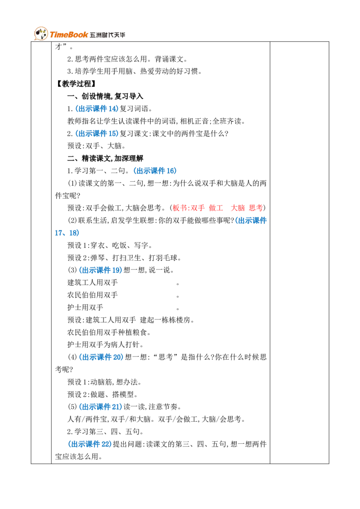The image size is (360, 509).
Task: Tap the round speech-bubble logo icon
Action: (x=40, y=34)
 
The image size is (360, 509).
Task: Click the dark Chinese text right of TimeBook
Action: (x=108, y=35)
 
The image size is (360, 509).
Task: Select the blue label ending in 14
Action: (x=97, y=109)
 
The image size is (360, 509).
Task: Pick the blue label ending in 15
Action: (x=97, y=134)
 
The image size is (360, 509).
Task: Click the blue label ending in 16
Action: (x=154, y=171)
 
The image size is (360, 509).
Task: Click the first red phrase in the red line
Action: (x=189, y=208)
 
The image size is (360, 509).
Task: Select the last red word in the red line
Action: (x=256, y=208)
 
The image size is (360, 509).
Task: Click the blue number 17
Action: (x=59, y=233)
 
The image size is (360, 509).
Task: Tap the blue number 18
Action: (x=74, y=233)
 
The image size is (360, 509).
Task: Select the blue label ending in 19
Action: (x=100, y=271)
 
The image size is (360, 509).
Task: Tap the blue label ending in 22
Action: (x=90, y=444)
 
